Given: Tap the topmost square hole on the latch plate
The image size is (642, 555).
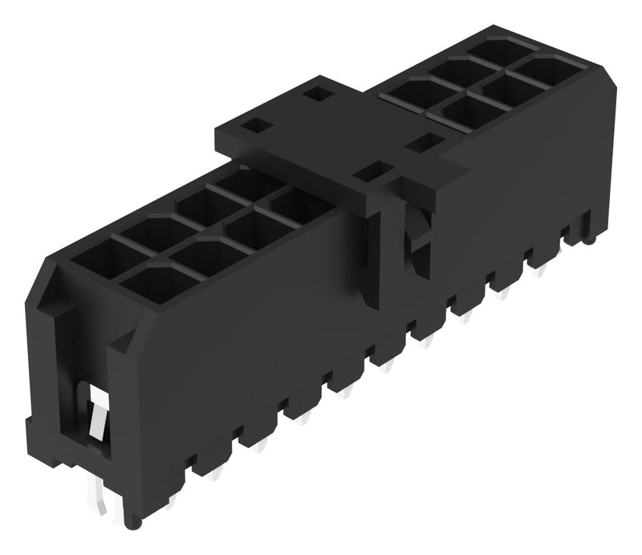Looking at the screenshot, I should [x=316, y=95].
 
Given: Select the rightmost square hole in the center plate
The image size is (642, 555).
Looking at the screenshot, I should [x=419, y=145].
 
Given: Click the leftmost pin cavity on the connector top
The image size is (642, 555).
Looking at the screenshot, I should [x=100, y=258].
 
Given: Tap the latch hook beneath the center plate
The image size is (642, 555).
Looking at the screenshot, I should [x=416, y=241].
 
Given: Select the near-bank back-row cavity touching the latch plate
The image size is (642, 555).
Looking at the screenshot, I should [x=240, y=184].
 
